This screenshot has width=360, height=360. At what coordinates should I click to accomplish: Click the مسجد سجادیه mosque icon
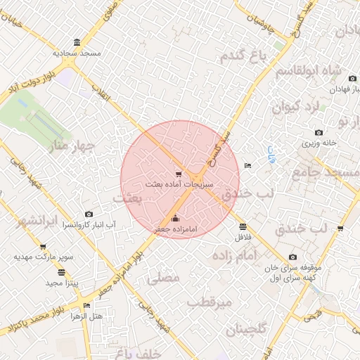77,42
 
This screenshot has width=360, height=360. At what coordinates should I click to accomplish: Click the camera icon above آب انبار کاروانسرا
89,214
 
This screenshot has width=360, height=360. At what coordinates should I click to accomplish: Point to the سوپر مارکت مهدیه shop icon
44,247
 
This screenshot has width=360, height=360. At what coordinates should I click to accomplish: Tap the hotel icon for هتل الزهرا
86,306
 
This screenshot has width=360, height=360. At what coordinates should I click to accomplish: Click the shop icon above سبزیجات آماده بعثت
179,174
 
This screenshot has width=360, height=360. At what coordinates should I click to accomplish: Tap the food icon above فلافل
243,226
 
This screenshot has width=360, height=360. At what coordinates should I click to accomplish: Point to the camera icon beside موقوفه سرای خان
293,257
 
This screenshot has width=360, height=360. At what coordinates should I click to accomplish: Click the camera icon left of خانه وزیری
319,133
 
